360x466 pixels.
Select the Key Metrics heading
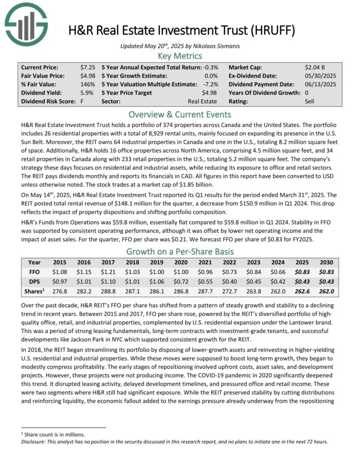(180, 56)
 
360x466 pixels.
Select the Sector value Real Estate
(202, 102)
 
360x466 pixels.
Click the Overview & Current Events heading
(180, 114)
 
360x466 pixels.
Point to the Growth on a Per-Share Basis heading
(180, 252)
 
